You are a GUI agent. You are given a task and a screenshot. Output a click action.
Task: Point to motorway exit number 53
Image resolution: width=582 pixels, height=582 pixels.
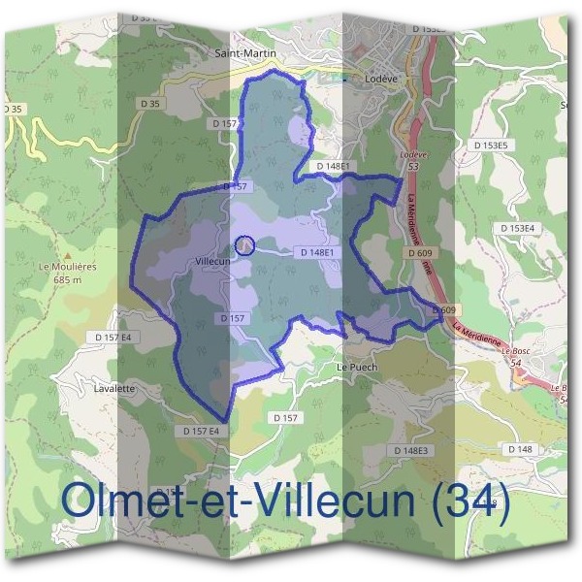(x=413, y=167)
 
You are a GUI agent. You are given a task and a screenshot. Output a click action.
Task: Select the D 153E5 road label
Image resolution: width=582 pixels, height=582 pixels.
(x=497, y=145)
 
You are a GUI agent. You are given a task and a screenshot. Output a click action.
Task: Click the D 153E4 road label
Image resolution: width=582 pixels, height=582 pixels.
(x=544, y=228)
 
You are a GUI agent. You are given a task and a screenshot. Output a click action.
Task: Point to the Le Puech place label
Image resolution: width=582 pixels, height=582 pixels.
(x=355, y=368)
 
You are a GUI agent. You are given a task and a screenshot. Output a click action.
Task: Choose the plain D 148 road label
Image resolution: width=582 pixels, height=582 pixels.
(x=520, y=449)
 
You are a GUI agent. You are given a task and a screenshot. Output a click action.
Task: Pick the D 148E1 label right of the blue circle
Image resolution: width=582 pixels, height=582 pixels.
(x=317, y=253)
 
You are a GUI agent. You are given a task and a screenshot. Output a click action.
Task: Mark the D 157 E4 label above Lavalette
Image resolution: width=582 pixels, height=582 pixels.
(x=118, y=337)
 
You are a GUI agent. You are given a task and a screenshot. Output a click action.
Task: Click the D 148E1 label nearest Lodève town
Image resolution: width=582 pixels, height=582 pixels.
(x=332, y=166)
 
